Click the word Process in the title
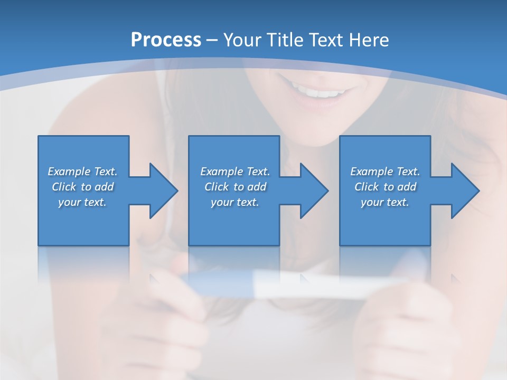[166, 40]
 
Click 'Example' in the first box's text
[69, 172]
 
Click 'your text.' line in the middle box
[234, 202]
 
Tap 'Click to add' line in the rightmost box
[386, 187]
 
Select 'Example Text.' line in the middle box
[234, 172]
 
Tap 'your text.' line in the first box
[82, 202]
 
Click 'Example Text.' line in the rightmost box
[385, 172]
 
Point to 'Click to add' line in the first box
[82, 187]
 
